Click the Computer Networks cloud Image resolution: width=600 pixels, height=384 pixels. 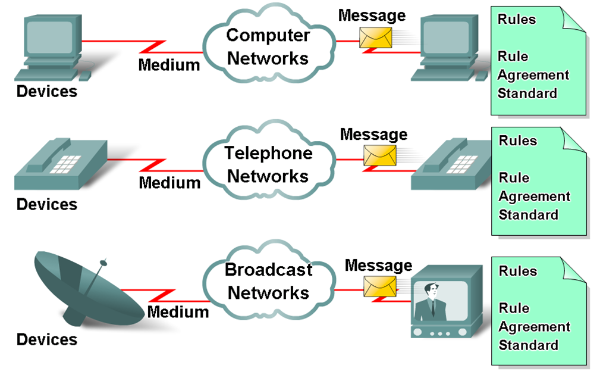268,46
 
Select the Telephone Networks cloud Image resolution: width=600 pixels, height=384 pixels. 268,164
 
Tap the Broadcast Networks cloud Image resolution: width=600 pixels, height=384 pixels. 268,281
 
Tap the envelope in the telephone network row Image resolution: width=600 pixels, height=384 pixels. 379,155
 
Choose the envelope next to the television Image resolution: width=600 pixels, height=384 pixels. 379,286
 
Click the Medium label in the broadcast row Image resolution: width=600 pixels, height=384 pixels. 178,311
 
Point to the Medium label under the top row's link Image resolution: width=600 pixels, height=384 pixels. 169,64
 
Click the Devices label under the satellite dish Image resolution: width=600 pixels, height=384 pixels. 47,339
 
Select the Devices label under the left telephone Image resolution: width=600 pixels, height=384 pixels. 47,204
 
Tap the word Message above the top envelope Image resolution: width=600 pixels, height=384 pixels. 372,15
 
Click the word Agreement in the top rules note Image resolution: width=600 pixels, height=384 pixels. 533,75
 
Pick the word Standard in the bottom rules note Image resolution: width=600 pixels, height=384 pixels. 528,345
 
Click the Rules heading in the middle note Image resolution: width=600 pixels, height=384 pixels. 517,141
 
